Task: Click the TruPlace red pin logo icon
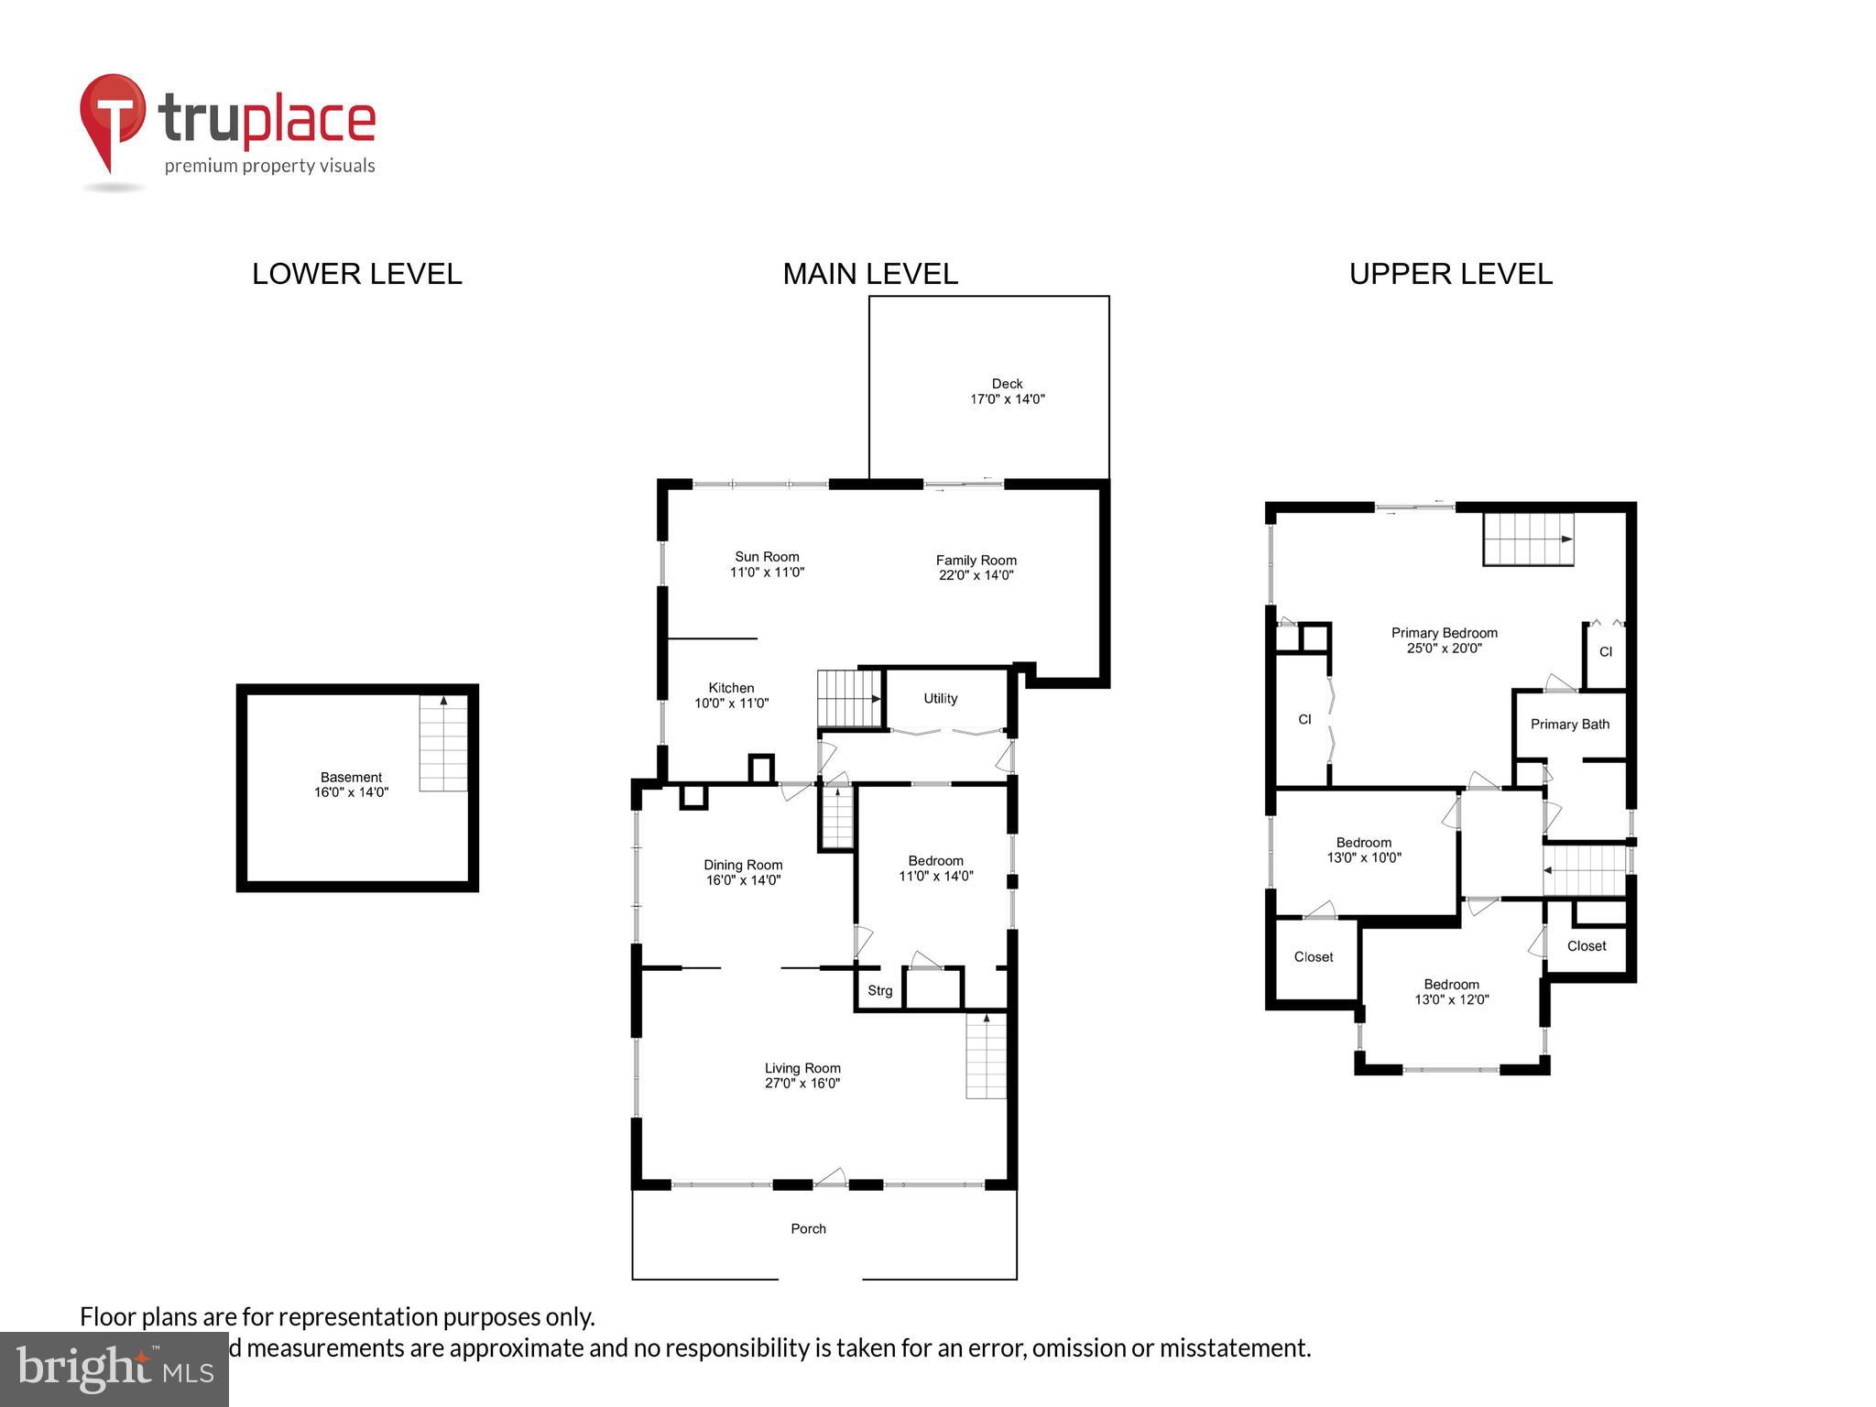point(113,120)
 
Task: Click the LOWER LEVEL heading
point(356,274)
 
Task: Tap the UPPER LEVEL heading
point(1450,274)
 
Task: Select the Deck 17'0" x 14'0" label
point(1007,391)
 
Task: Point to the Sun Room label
point(767,557)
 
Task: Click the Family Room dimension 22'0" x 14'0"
point(976,575)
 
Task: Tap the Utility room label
point(940,699)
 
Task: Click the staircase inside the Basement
point(443,743)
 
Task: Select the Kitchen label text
point(731,688)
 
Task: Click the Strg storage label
point(879,990)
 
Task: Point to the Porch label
point(808,1228)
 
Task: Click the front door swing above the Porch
point(830,1177)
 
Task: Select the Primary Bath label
point(1569,725)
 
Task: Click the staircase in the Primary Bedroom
point(1528,539)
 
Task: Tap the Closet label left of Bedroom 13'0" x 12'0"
point(1313,956)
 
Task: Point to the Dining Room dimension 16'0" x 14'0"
point(742,880)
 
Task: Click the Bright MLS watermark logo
point(115,1369)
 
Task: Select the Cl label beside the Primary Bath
point(1605,652)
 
